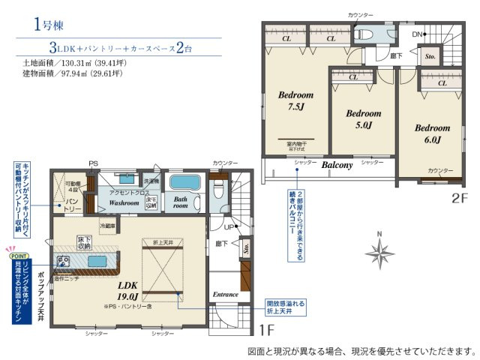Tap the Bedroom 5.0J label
pos(363,119)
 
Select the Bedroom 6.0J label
pos(433,133)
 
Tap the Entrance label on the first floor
pos(226,294)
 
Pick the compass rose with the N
pos(381,251)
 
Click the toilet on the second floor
pos(365,34)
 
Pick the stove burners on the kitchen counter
pos(62,261)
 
